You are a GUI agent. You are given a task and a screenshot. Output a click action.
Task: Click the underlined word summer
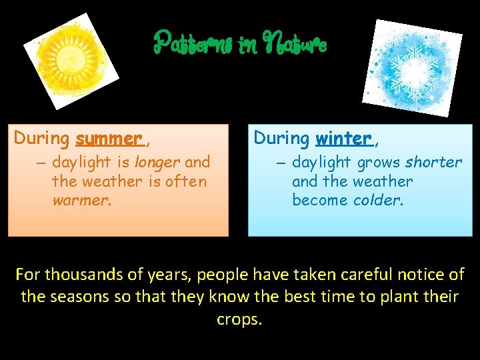point(109,139)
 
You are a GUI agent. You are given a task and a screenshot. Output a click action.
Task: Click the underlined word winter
point(344,139)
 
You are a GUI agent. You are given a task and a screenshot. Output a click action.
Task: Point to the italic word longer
point(157,162)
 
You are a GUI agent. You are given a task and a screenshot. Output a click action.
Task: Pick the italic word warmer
point(79,200)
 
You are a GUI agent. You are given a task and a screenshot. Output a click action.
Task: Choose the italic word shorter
point(433,162)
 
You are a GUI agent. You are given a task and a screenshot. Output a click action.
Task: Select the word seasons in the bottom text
point(75,297)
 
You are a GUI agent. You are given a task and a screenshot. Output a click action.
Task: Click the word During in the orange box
point(42,139)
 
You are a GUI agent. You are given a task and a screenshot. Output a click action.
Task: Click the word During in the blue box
point(281,139)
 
